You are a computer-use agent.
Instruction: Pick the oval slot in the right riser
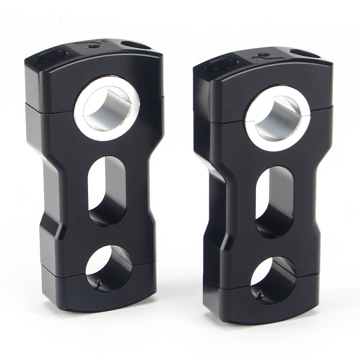tap(274, 202)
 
